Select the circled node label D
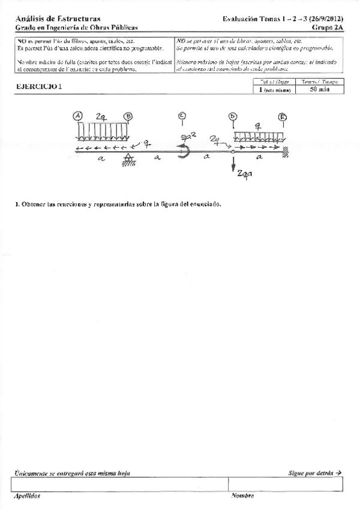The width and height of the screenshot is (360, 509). coord(233,116)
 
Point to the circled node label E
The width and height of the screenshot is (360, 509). coord(282,116)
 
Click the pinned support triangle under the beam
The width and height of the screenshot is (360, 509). coord(128,158)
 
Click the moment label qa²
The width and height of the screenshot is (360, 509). coord(183,137)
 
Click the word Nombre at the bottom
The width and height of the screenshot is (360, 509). coord(242,496)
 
